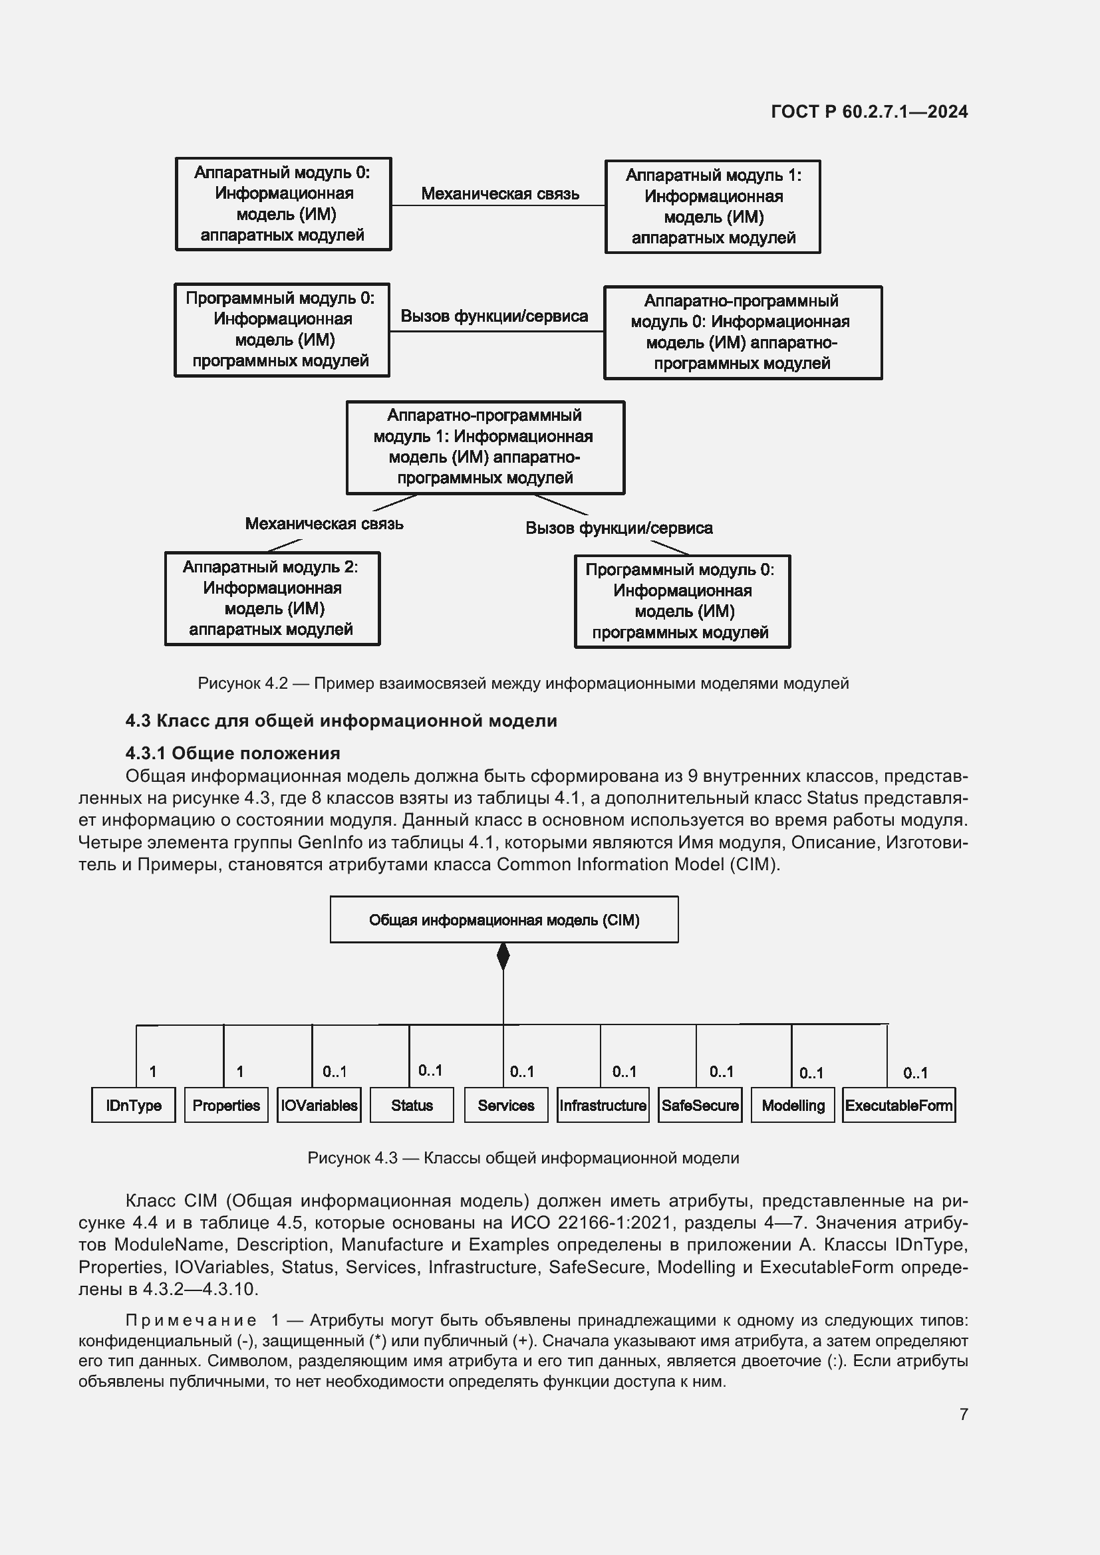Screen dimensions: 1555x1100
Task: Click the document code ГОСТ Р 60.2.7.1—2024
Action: click(869, 112)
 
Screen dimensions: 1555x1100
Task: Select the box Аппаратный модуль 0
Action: click(283, 204)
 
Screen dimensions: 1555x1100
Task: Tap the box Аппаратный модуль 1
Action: click(712, 207)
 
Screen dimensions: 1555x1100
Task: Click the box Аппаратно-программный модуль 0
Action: click(742, 332)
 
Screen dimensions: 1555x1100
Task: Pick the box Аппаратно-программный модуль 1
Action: click(485, 447)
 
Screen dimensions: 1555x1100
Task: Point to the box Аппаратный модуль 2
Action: click(272, 599)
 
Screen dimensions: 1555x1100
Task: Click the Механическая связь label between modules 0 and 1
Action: click(500, 193)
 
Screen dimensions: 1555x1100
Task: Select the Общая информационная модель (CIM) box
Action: click(504, 919)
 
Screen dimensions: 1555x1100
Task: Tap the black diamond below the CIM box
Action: click(503, 956)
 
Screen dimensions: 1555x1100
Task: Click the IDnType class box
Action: click(134, 1106)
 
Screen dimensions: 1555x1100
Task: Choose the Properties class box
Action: click(226, 1106)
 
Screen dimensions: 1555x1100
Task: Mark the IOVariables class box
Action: click(319, 1106)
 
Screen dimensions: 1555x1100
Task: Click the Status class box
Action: click(412, 1106)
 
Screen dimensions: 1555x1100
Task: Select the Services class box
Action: click(506, 1106)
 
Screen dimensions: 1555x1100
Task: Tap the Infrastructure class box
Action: click(603, 1106)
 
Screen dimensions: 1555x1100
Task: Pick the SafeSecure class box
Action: click(700, 1106)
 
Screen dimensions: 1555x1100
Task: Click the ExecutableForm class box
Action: click(899, 1106)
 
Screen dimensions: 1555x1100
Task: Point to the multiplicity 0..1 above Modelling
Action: click(811, 1073)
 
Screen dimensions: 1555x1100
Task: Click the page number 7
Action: click(964, 1414)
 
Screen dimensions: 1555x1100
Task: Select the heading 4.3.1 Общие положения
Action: click(232, 753)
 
